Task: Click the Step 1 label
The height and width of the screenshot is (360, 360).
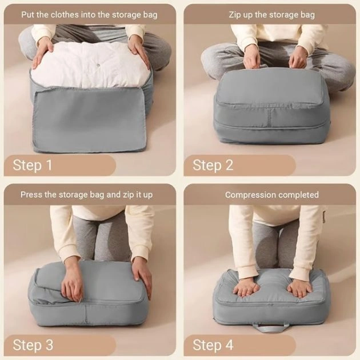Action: click(x=33, y=165)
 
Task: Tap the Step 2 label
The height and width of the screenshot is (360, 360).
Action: click(x=213, y=165)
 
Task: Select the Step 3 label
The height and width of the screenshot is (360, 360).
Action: click(x=33, y=345)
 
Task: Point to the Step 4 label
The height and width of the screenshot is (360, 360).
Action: click(x=213, y=345)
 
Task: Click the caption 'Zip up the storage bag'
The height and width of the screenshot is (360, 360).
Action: click(x=272, y=14)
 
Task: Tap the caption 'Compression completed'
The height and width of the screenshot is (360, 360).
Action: click(x=272, y=194)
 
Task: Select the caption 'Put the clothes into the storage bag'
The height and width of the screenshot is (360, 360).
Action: click(x=89, y=14)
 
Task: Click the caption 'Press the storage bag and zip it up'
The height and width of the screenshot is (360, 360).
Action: click(x=87, y=194)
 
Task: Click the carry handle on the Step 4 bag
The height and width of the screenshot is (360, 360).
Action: click(x=271, y=327)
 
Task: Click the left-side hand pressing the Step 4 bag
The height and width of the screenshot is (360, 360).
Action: click(x=247, y=286)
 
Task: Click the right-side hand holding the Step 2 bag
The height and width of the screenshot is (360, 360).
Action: click(x=298, y=58)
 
